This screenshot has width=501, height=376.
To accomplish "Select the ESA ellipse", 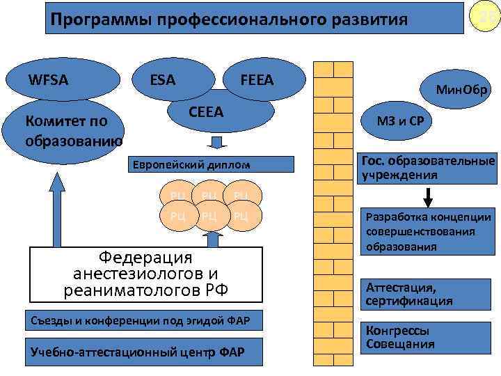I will click(164, 81).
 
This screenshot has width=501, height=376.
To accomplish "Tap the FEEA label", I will click(257, 81).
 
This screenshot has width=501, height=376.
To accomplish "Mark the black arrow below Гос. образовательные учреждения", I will click(431, 191).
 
